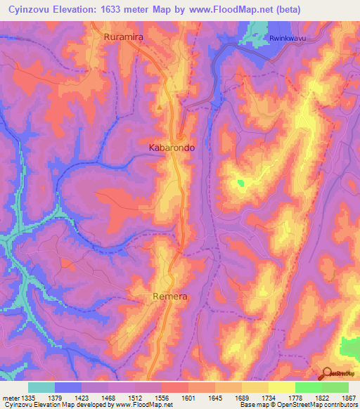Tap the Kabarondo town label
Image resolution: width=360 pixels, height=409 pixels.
point(172,148)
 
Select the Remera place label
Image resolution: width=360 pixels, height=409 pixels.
point(170,297)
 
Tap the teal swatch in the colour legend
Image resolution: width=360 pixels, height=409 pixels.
point(41,387)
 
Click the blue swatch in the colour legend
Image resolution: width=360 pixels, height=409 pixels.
point(68,387)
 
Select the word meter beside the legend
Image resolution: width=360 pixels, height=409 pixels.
point(11,398)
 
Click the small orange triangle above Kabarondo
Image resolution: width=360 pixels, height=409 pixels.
point(160,107)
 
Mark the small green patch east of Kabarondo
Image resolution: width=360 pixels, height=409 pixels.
point(241,183)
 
